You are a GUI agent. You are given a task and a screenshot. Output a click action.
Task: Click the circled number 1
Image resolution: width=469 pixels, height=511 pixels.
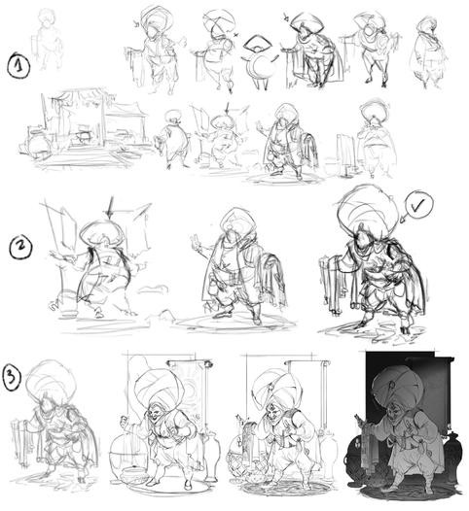tap(18, 65)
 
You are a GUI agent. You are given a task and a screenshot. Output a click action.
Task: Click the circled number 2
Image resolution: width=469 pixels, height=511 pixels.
tap(20, 248)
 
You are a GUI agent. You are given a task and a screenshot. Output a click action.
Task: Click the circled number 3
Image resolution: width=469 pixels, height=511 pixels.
tap(12, 377)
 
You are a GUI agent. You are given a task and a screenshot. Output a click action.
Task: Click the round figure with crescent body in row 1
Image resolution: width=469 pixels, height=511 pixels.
tap(261, 62)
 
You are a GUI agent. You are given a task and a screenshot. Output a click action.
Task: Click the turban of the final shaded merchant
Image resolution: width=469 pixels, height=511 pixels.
tap(398, 388)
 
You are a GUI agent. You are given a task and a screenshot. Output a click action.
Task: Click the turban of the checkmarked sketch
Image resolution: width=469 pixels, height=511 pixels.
tap(367, 209)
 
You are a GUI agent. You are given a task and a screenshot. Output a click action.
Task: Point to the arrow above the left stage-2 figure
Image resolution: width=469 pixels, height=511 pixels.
tap(111, 207)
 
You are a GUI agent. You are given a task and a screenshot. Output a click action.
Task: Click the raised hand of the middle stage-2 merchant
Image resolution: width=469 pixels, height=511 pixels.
tap(196, 241)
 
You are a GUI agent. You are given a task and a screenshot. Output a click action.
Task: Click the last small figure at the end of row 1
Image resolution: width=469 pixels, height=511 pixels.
tap(427, 52)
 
